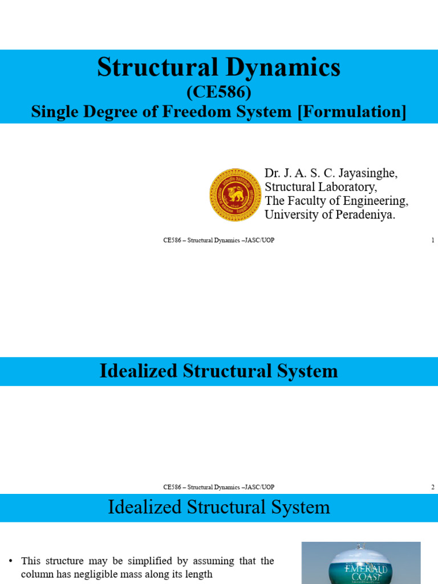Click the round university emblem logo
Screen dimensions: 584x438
pyautogui.click(x=236, y=195)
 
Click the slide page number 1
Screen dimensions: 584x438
pyautogui.click(x=433, y=240)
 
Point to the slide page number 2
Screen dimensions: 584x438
pyautogui.click(x=433, y=487)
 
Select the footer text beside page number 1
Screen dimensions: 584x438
pyautogui.click(x=219, y=240)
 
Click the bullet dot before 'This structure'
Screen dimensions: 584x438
pyautogui.click(x=12, y=561)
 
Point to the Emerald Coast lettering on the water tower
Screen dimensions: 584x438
pyautogui.click(x=360, y=572)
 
